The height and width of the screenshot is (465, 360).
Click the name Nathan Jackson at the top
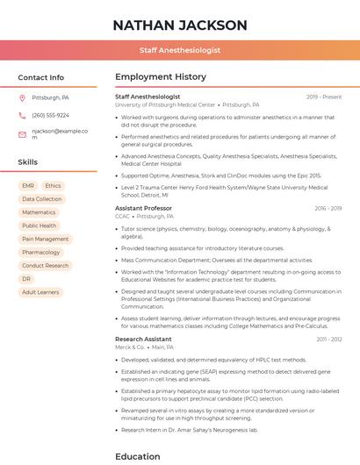[x=180, y=25]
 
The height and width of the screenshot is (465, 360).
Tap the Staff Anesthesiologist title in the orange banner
[x=180, y=51]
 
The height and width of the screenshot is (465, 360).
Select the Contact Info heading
[x=41, y=77]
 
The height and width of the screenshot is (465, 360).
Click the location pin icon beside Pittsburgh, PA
[x=23, y=97]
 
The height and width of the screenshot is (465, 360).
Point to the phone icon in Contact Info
[x=23, y=115]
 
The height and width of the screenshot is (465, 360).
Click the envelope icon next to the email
[x=23, y=133]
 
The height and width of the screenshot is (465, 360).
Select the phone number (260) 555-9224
[x=50, y=115]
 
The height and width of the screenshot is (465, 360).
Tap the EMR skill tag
[x=28, y=186]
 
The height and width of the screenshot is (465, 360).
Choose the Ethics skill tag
[x=53, y=186]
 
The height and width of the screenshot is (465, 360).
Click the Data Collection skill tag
[x=41, y=199]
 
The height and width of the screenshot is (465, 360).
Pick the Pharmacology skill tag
[x=40, y=252]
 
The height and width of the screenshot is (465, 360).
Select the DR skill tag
[x=26, y=278]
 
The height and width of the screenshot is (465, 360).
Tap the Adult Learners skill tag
[x=40, y=291]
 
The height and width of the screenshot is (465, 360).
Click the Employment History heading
[x=161, y=77]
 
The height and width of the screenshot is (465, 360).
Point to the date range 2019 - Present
[x=324, y=97]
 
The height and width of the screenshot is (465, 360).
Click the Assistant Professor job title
[x=143, y=208]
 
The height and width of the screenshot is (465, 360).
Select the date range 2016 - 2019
[x=328, y=208]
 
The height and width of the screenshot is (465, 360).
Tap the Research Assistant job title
[x=143, y=339]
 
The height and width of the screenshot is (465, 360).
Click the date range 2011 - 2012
[x=329, y=339]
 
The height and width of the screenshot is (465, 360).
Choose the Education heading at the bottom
[x=138, y=456]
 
